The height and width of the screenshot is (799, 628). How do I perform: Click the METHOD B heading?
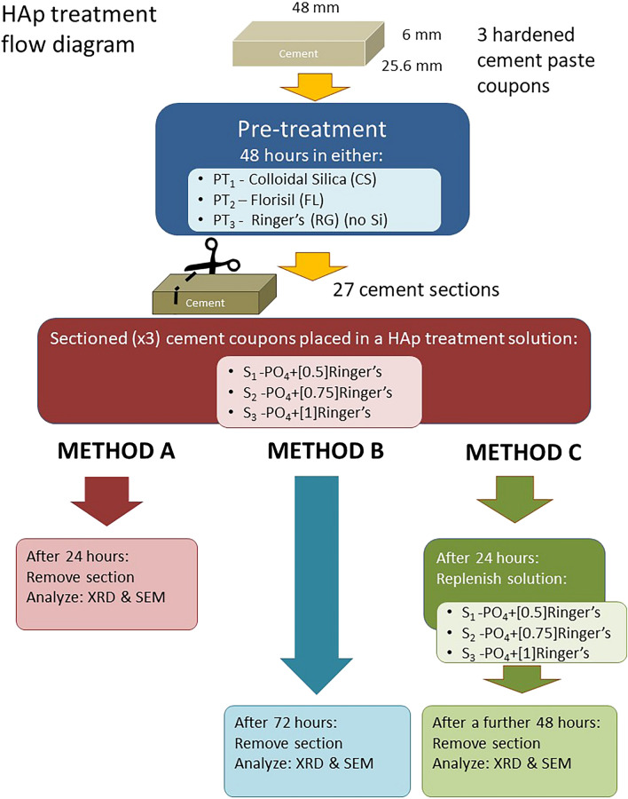click(326, 452)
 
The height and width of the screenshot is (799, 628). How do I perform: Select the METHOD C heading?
click(524, 454)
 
